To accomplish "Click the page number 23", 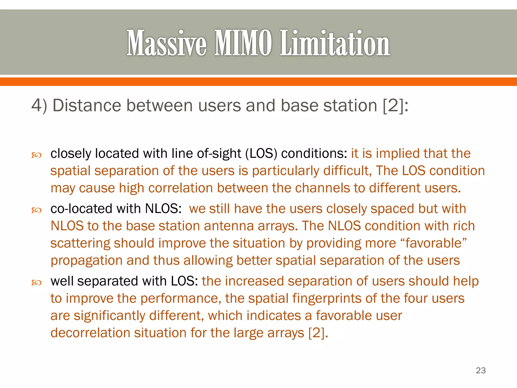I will click(481, 370).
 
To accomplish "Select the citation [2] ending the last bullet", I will click(318, 333).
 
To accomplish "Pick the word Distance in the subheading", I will click(87, 105).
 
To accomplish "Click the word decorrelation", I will click(90, 333).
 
